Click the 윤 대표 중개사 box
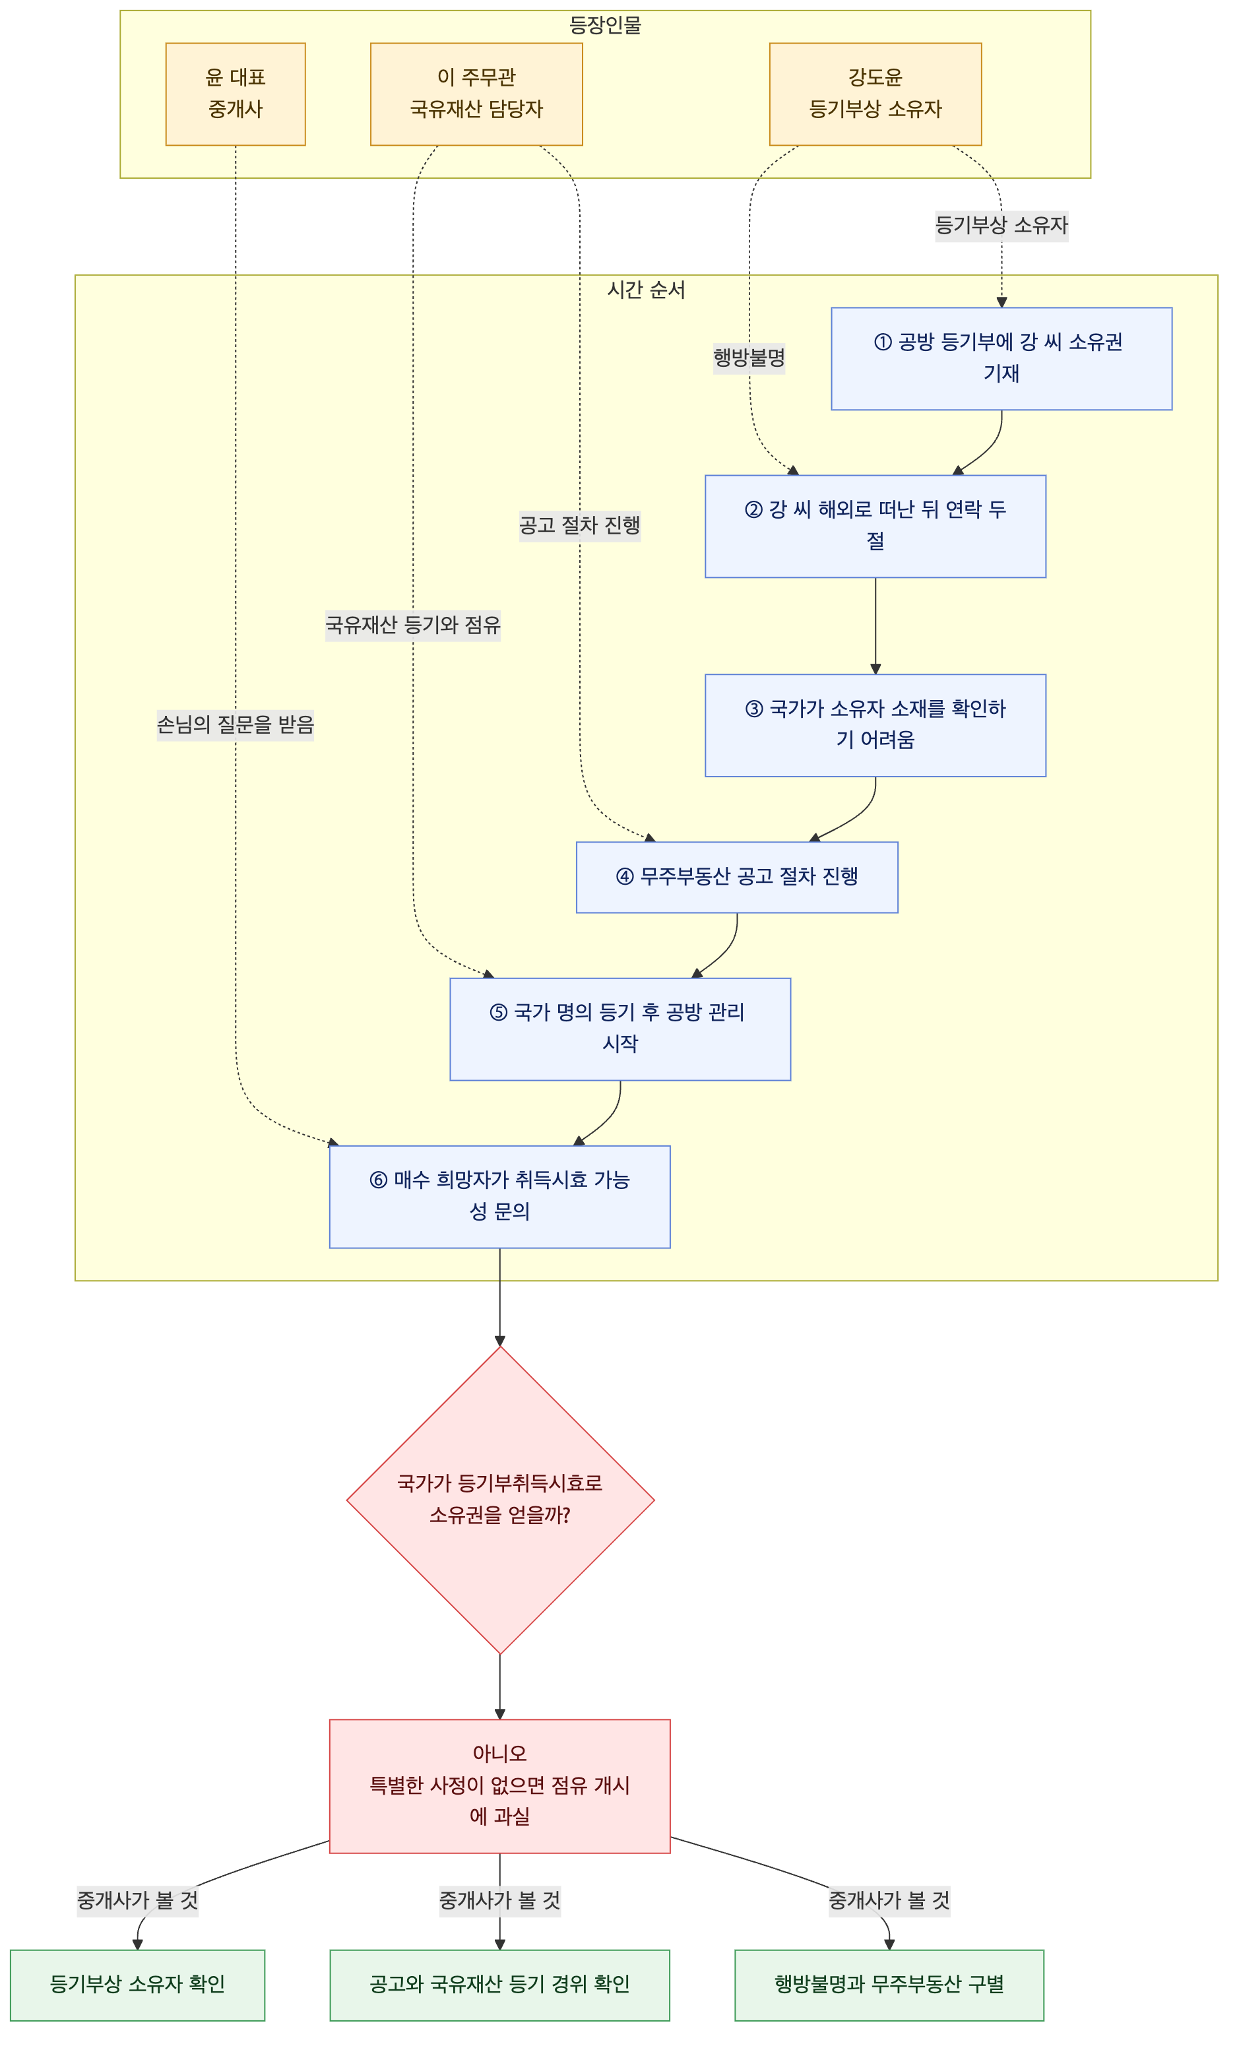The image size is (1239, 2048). tap(235, 94)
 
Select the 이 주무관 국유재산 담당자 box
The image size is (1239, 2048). tap(476, 94)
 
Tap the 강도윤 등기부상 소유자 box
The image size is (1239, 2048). tap(875, 94)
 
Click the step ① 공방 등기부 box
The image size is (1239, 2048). tap(1001, 358)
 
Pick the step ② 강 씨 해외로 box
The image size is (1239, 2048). tap(875, 526)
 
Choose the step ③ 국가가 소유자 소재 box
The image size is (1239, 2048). tap(875, 724)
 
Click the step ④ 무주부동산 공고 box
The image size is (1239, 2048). tap(737, 877)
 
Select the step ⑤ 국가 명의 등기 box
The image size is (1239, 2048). tap(620, 1029)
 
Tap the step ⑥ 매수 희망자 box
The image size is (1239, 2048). tap(499, 1197)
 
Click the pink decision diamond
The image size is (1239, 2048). tap(500, 1500)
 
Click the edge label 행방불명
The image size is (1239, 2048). tap(749, 358)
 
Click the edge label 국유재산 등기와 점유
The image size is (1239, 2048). tap(413, 625)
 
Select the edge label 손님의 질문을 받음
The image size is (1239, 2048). tap(235, 724)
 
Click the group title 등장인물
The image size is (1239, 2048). tap(605, 26)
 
